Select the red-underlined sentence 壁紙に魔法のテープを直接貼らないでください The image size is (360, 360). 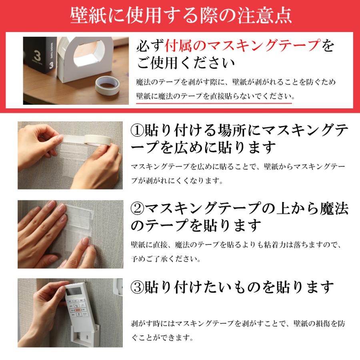pyautogui.click(x=214, y=96)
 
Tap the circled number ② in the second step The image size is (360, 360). pyautogui.click(x=138, y=208)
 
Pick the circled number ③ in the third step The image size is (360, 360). pyautogui.click(x=138, y=286)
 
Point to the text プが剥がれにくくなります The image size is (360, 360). pyautogui.click(x=176, y=180)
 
